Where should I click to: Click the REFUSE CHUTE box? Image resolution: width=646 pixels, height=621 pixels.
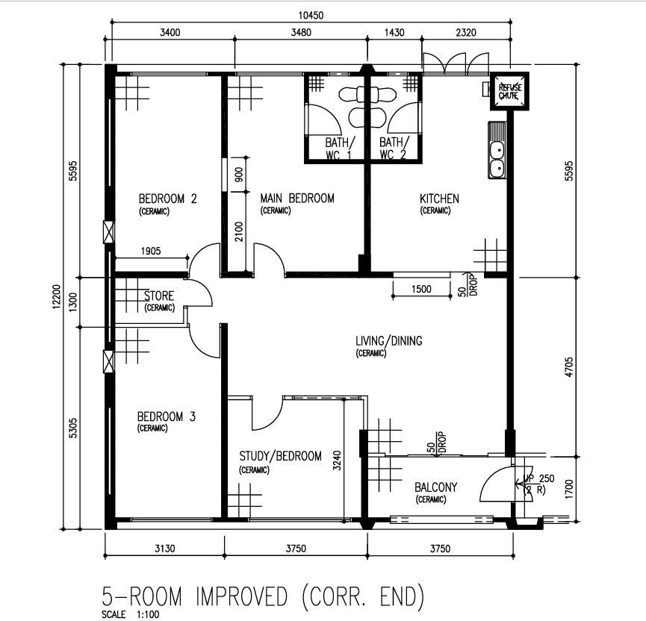pyautogui.click(x=509, y=91)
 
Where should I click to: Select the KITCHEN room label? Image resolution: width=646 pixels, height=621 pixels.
pyautogui.click(x=439, y=199)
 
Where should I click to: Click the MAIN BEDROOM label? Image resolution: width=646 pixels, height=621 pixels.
pyautogui.click(x=297, y=199)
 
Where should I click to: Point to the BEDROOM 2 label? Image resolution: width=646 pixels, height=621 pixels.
pyautogui.click(x=168, y=199)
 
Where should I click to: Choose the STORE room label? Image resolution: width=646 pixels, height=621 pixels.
pyautogui.click(x=158, y=296)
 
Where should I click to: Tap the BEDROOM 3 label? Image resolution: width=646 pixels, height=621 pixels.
pyautogui.click(x=167, y=416)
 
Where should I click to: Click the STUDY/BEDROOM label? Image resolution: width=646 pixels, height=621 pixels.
pyautogui.click(x=281, y=456)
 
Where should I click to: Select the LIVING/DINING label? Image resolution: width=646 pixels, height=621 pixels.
pyautogui.click(x=389, y=340)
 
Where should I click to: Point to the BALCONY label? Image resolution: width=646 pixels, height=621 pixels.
pyautogui.click(x=436, y=487)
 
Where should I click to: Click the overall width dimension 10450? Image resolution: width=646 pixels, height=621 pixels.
pyautogui.click(x=311, y=15)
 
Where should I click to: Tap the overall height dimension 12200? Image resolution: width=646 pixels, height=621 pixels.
pyautogui.click(x=57, y=296)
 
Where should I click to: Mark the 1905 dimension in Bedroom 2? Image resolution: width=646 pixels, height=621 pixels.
pyautogui.click(x=151, y=251)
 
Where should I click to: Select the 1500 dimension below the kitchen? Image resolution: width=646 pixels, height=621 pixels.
pyautogui.click(x=421, y=289)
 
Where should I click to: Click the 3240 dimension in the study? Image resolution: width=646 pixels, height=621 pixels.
pyautogui.click(x=337, y=461)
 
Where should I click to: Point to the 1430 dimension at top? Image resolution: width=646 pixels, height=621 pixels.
pyautogui.click(x=394, y=32)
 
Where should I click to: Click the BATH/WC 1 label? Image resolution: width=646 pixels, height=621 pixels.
pyautogui.click(x=338, y=149)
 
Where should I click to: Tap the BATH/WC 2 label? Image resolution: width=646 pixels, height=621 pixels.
pyautogui.click(x=394, y=149)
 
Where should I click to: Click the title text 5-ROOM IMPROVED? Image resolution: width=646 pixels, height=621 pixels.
pyautogui.click(x=194, y=596)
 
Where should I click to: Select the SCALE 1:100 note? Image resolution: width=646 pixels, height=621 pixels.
pyautogui.click(x=130, y=614)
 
